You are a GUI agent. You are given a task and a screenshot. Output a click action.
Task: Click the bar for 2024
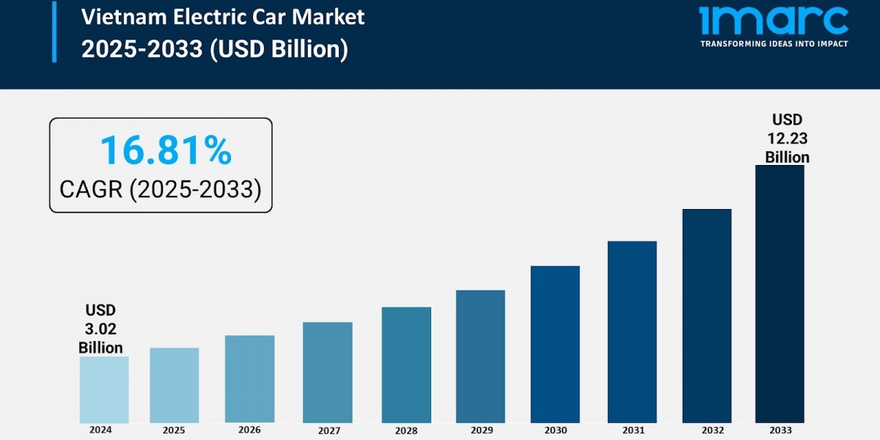(104, 389)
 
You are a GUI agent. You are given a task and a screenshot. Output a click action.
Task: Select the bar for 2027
(327, 373)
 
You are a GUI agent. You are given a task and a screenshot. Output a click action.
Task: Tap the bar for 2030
(555, 344)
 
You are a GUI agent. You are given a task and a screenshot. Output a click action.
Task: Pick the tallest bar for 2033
(780, 293)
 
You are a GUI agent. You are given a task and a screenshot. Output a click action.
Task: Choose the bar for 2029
(480, 356)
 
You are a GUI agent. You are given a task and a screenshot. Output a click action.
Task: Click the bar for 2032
(707, 315)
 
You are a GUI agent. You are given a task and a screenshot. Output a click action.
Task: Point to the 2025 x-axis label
(174, 430)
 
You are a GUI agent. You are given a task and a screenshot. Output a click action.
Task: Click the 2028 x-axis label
(406, 430)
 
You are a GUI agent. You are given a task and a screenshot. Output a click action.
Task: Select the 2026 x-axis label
(249, 430)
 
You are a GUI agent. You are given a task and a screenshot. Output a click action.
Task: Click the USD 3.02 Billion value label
(100, 329)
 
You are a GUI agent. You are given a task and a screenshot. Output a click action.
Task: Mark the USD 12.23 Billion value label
(787, 139)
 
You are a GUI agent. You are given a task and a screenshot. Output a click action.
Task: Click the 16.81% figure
(166, 150)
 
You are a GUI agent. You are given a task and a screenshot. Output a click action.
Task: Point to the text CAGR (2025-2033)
(160, 189)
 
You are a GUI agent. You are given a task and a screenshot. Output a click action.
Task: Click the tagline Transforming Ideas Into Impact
(774, 44)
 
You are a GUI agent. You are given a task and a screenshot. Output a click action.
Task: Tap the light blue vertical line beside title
(54, 32)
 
